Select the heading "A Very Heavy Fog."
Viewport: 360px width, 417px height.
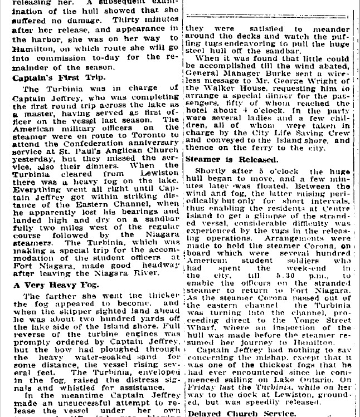pyautogui.click(x=48, y=285)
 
